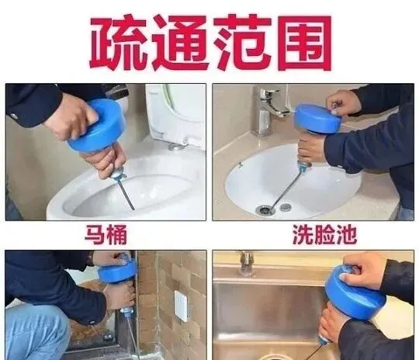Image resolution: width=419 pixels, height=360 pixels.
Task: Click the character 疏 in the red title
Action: (x=118, y=43)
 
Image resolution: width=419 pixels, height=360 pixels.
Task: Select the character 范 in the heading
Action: (x=243, y=43)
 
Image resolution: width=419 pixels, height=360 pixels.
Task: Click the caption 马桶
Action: (x=106, y=234)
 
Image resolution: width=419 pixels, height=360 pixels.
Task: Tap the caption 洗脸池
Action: (x=324, y=234)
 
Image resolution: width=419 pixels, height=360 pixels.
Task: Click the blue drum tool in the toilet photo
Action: (x=98, y=126)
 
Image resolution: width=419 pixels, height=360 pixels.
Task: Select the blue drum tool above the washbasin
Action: (x=317, y=119)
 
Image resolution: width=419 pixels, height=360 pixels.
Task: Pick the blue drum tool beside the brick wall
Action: (x=118, y=271)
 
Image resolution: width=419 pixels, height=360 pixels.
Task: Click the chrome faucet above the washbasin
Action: (x=268, y=109)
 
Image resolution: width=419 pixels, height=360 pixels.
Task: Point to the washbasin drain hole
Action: (x=265, y=209)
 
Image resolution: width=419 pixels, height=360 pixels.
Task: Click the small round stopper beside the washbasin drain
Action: (x=286, y=206)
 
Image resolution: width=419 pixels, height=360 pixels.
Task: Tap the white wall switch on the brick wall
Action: (x=182, y=306)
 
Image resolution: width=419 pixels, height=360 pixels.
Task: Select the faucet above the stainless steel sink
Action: (x=246, y=262)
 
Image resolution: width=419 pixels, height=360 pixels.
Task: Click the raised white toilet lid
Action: (x=176, y=113)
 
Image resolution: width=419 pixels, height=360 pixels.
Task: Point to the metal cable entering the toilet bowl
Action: (x=126, y=194)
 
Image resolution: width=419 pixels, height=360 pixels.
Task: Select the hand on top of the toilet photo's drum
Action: (x=71, y=115)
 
